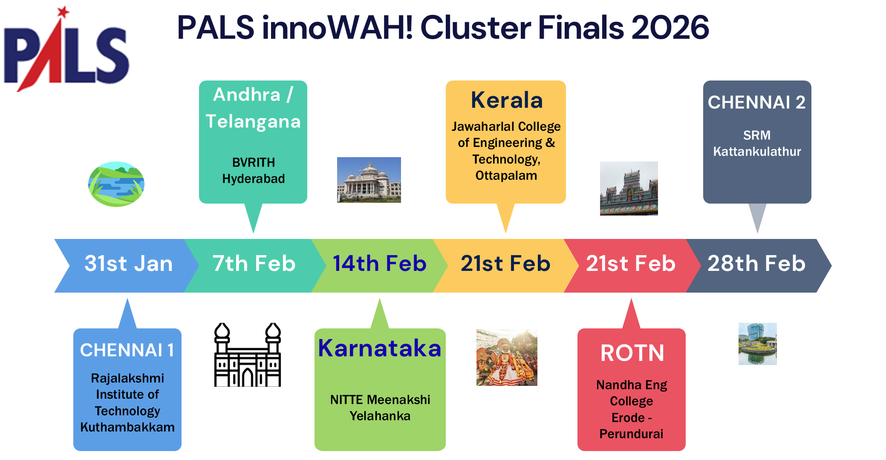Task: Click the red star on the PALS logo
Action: pos(63,12)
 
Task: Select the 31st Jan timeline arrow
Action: pos(128,264)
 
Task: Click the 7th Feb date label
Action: pos(254,264)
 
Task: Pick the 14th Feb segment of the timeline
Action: pos(379,264)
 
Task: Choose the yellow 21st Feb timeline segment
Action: pos(505,264)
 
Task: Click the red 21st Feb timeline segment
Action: pos(631,264)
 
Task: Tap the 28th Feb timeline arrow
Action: pos(756,264)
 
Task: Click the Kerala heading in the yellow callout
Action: pos(506,101)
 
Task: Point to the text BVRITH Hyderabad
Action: pos(254,170)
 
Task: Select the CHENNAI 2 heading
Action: pos(756,103)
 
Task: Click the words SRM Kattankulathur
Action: pos(757,144)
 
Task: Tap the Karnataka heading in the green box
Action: pos(379,348)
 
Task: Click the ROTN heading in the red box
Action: pos(632,353)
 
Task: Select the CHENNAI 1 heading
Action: pos(127,351)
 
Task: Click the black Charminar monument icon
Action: pos(247,355)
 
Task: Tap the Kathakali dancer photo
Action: pos(506,357)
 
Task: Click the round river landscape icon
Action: pos(116,184)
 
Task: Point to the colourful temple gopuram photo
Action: pos(629,188)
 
